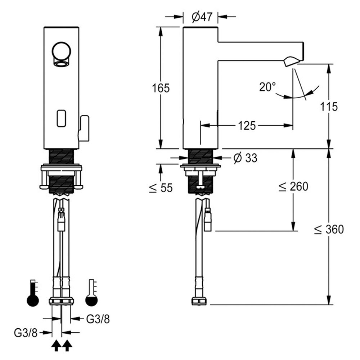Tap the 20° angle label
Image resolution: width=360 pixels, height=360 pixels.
click(x=267, y=87)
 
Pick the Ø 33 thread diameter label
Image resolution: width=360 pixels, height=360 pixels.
click(x=245, y=158)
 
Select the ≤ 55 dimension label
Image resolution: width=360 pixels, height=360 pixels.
click(x=161, y=188)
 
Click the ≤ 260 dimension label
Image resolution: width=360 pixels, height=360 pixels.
click(x=293, y=186)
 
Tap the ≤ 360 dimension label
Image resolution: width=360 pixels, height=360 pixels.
click(x=329, y=229)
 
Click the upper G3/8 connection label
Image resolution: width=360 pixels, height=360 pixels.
click(x=98, y=318)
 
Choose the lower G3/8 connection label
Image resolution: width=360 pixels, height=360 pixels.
click(x=26, y=333)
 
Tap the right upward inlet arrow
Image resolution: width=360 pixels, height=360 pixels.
click(x=67, y=346)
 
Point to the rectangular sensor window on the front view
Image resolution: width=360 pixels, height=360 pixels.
click(x=61, y=118)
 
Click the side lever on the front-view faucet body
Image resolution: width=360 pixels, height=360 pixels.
click(x=84, y=128)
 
